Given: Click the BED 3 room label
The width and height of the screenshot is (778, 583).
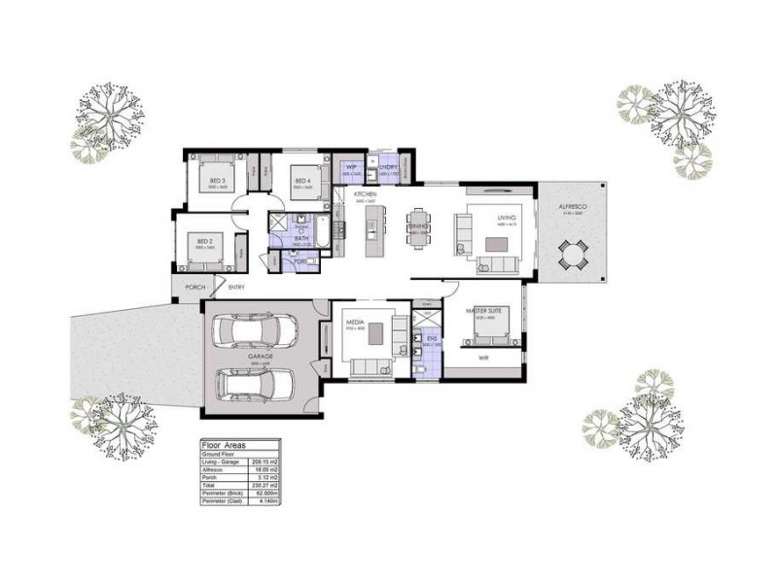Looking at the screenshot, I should (x=217, y=181).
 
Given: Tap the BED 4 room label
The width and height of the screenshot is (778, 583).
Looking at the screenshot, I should (x=301, y=181).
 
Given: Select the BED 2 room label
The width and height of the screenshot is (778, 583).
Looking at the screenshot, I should (x=204, y=240).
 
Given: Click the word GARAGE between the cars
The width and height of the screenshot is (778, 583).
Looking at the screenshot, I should (x=259, y=358).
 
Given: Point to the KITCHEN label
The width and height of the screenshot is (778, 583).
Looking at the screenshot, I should (x=365, y=195).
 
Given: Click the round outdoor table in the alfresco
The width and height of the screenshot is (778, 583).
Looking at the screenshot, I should (x=573, y=255).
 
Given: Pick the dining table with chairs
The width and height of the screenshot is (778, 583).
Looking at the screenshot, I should (x=419, y=224).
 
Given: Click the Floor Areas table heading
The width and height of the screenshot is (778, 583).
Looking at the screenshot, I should (x=224, y=442).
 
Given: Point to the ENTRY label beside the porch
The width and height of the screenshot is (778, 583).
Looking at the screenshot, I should (x=236, y=287).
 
